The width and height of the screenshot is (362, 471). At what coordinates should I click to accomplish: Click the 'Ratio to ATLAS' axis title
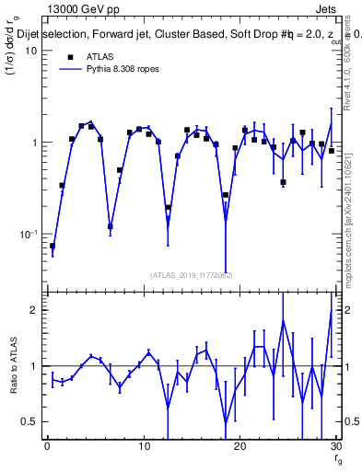tap(12, 368)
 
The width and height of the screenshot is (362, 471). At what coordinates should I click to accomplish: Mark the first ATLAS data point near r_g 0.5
tap(53, 246)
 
